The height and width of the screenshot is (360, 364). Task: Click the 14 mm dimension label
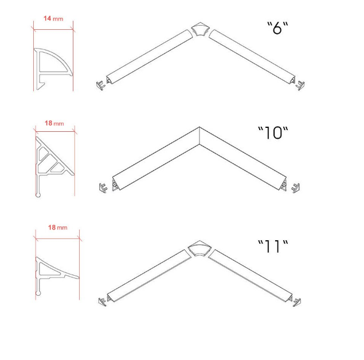pyautogui.click(x=53, y=18)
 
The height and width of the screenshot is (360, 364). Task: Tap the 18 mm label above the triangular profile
pyautogui.click(x=54, y=123)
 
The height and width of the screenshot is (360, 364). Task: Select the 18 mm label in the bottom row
pyautogui.click(x=58, y=228)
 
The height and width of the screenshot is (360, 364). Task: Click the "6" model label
pyautogui.click(x=277, y=28)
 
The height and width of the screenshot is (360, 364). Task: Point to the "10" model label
pyautogui.click(x=273, y=133)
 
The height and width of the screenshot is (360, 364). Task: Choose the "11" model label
pyautogui.click(x=273, y=246)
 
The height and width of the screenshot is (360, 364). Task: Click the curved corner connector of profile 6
pyautogui.click(x=200, y=29)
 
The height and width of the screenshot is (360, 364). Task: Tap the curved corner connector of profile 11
pyautogui.click(x=199, y=248)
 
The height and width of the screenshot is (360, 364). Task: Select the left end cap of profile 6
pyautogui.click(x=100, y=85)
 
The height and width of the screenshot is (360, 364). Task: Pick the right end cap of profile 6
pyautogui.click(x=300, y=85)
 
